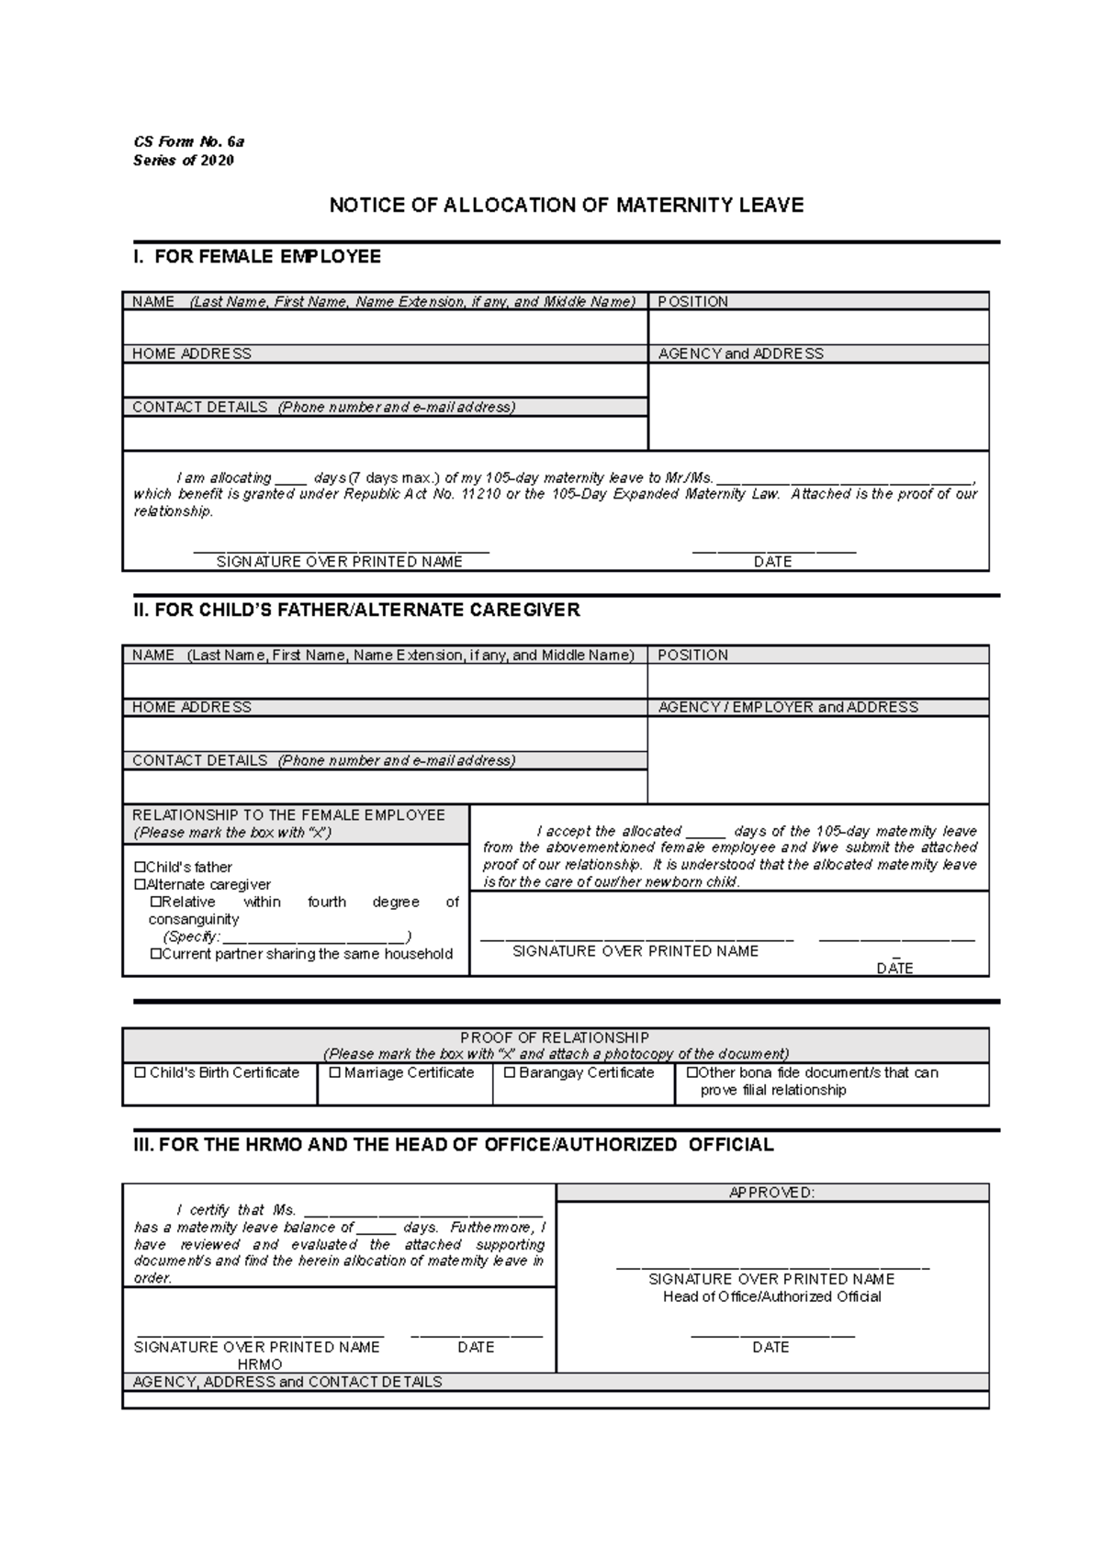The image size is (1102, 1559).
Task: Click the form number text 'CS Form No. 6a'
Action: coord(188,141)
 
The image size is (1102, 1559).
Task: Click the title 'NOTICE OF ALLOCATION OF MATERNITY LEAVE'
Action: coord(567,205)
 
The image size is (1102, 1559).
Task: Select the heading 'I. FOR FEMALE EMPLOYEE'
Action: coord(257,257)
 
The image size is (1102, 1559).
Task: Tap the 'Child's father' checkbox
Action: coord(141,868)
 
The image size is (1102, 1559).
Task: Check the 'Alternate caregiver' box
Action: coord(141,885)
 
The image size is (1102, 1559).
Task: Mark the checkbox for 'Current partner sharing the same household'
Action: coord(156,955)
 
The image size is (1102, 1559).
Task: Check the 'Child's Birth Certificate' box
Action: coord(141,1072)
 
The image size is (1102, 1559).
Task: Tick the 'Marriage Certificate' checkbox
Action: coord(335,1072)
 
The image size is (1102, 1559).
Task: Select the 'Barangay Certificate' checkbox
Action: coord(510,1072)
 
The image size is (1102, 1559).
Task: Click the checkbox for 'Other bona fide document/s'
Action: coord(692,1072)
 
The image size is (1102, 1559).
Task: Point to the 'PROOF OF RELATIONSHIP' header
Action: coord(555,1037)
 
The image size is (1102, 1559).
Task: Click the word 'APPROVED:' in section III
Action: coord(771,1193)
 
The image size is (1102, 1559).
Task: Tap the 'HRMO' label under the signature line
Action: coord(259,1364)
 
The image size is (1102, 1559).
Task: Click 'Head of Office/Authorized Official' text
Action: coord(771,1296)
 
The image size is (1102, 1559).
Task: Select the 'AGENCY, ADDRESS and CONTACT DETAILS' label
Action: coord(287,1382)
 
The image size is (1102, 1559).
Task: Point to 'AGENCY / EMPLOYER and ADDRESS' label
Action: coord(788,707)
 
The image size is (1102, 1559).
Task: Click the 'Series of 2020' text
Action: coord(184,161)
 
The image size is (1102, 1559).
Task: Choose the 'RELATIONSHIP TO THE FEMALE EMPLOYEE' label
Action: coord(288,815)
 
